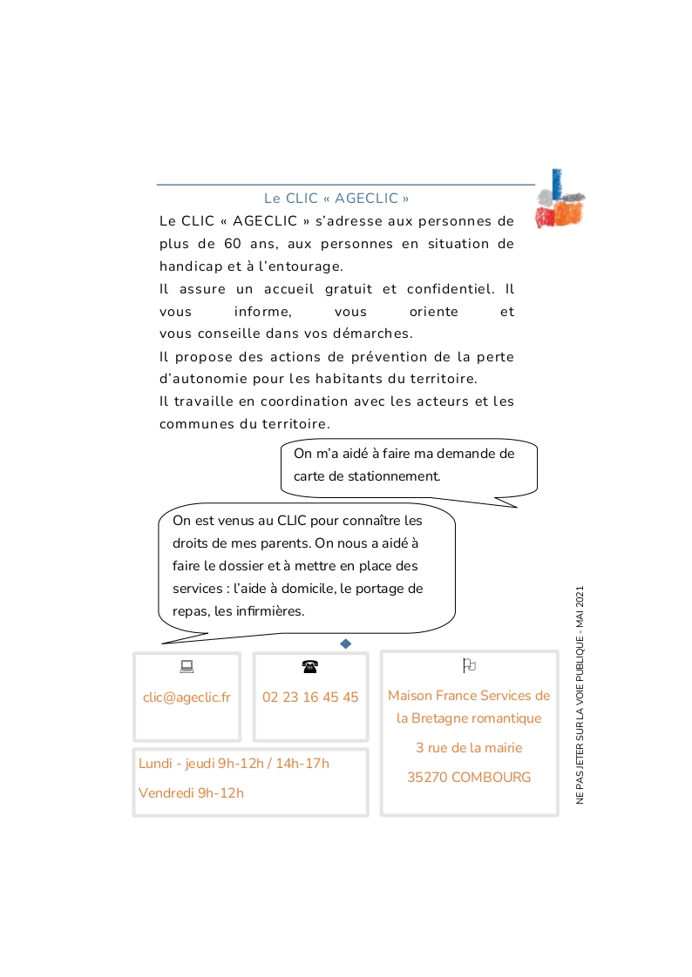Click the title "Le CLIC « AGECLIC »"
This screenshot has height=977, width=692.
point(336,199)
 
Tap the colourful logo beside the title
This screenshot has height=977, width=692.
point(560,199)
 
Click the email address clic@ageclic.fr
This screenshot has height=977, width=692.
point(187,697)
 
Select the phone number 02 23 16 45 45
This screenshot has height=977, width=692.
point(310,697)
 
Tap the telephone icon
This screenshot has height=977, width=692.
point(310,667)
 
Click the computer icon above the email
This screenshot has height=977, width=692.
point(187,667)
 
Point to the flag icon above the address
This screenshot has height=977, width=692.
point(469,666)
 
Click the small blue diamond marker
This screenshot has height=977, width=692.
point(345,643)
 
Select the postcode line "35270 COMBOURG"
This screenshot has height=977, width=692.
point(469,778)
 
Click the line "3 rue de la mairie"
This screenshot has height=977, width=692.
point(469,748)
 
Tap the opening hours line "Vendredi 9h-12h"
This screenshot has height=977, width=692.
point(191,793)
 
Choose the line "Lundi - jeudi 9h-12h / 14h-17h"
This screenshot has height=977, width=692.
point(234,764)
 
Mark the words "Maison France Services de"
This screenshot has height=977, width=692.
point(469,696)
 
